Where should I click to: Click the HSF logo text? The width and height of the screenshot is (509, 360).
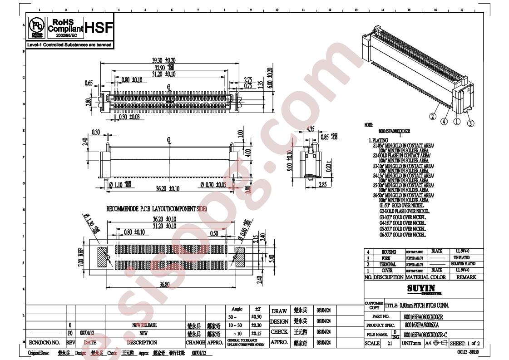pyautogui.click(x=100, y=28)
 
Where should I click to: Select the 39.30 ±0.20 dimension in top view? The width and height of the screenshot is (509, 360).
pyautogui.click(x=164, y=60)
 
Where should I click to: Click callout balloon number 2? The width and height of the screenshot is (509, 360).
pyautogui.click(x=432, y=116)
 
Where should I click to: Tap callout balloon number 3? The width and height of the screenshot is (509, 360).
pyautogui.click(x=471, y=123)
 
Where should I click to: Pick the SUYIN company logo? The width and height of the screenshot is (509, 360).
pyautogui.click(x=421, y=288)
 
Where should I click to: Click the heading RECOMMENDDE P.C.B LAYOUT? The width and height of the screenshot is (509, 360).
pyautogui.click(x=157, y=209)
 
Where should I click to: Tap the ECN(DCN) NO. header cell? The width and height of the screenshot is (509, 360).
pyautogui.click(x=44, y=343)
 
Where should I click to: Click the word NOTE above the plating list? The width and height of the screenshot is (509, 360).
pyautogui.click(x=369, y=124)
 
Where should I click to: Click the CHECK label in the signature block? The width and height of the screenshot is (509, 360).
pyautogui.click(x=279, y=332)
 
